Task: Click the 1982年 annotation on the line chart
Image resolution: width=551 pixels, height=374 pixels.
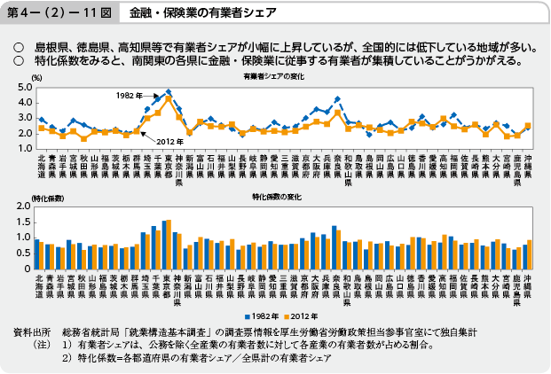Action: pyautogui.click(x=128, y=93)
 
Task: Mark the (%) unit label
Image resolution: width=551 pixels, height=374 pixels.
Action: pyautogui.click(x=35, y=78)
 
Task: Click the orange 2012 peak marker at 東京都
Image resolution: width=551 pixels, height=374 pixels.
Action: pyautogui.click(x=168, y=97)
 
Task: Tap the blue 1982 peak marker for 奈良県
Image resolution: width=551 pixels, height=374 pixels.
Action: pyautogui.click(x=337, y=98)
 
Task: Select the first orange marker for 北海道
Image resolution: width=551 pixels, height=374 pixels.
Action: pyautogui.click(x=41, y=129)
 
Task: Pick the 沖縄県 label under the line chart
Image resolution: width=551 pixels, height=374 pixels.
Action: pyautogui.click(x=528, y=168)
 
